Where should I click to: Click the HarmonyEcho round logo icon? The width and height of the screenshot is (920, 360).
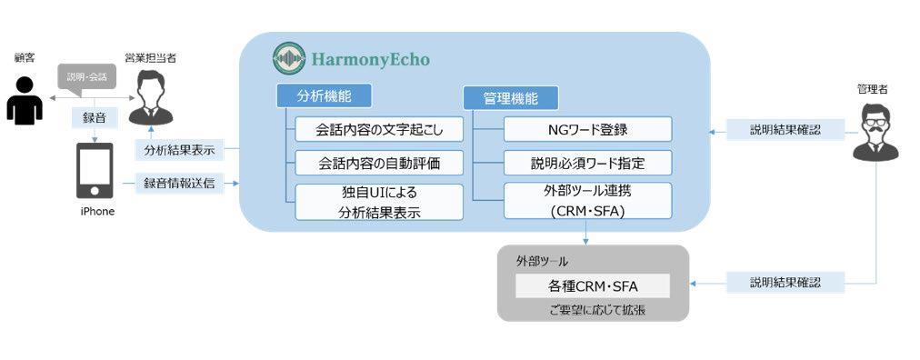(x=289, y=58)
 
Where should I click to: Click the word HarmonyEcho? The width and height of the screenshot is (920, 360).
(x=371, y=59)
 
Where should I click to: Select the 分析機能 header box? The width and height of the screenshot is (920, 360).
(x=324, y=96)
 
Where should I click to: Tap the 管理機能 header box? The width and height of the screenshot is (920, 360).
(x=511, y=98)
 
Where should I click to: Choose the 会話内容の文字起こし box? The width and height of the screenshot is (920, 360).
(x=379, y=130)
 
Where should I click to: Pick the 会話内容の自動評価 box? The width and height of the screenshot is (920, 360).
(x=379, y=163)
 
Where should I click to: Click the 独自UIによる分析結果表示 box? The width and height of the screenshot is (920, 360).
(x=379, y=203)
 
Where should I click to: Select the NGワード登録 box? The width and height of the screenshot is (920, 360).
(x=588, y=129)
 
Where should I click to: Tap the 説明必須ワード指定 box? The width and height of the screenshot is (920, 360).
(x=588, y=163)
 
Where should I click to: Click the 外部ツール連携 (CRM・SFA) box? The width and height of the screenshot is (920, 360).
(x=588, y=201)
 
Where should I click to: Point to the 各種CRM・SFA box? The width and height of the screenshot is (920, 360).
(x=593, y=286)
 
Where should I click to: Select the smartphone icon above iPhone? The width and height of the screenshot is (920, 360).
(x=95, y=171)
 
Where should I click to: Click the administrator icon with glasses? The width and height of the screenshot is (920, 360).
(x=875, y=133)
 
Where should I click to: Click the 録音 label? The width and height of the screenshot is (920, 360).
(x=94, y=117)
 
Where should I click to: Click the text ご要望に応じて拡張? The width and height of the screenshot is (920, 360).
(x=593, y=310)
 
